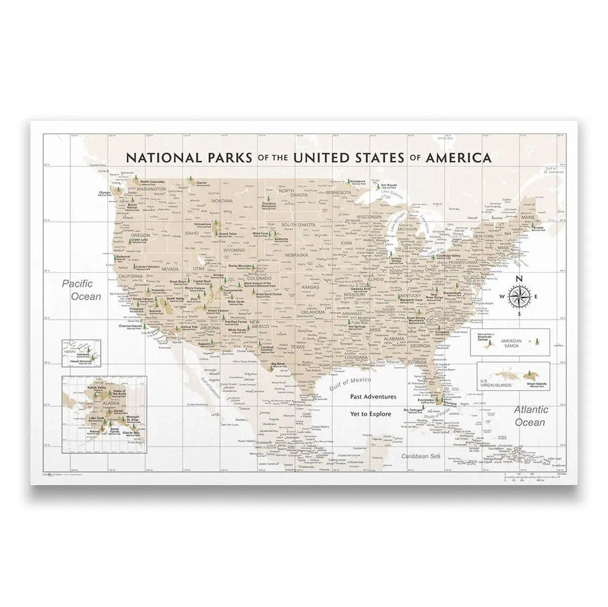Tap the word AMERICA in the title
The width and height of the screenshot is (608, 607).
point(459,157)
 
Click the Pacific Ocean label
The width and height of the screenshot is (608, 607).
point(81,290)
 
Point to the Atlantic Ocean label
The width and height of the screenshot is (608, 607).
point(530,416)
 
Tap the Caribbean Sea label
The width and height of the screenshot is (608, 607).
point(419,456)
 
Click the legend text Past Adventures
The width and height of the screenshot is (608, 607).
point(373,397)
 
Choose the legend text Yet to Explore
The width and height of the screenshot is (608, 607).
point(370,414)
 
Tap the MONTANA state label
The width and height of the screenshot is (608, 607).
point(221,201)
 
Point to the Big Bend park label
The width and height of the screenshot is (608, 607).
point(277,364)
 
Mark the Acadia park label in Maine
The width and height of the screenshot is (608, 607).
point(537,228)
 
